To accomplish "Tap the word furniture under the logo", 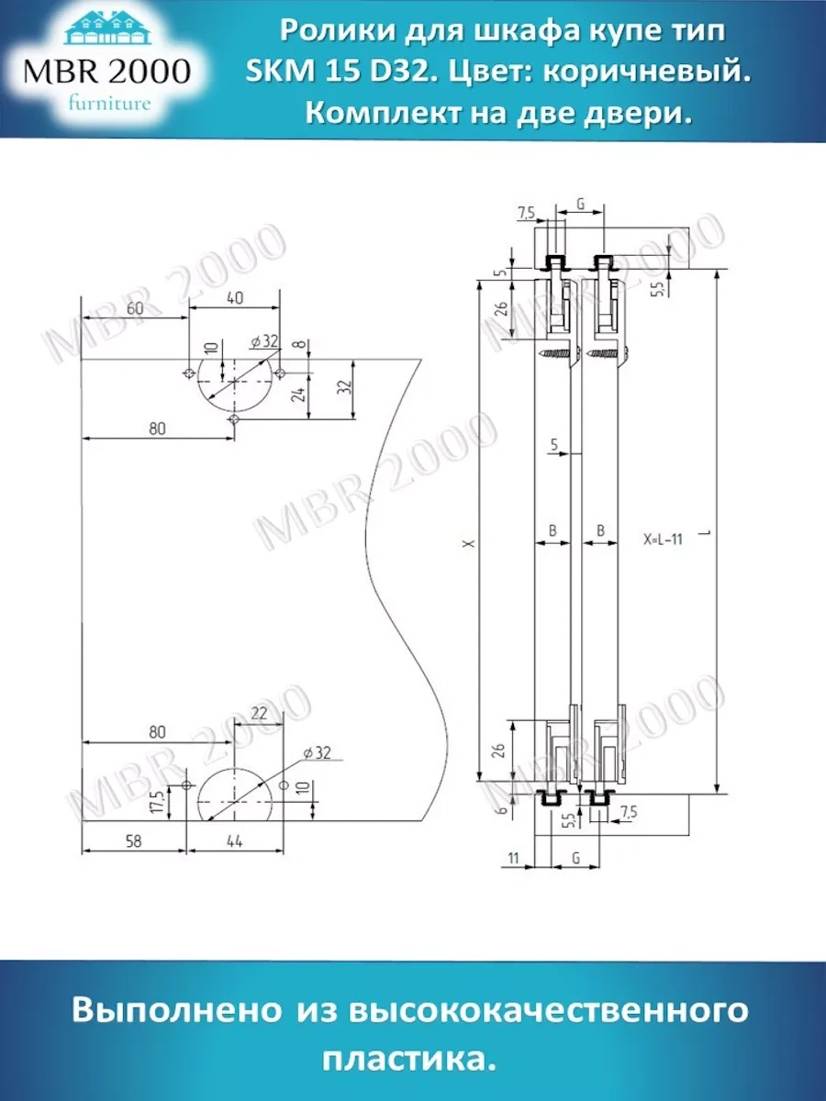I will click(109, 103).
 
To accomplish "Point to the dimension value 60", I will click(135, 308).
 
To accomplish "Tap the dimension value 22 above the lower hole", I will click(259, 713).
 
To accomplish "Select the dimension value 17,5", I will click(159, 803).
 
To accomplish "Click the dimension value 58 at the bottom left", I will click(134, 840).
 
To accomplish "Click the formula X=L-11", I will click(663, 539).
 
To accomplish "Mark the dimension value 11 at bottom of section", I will click(513, 858).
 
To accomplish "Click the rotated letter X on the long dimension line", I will click(469, 543).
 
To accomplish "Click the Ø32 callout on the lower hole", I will click(315, 753).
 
